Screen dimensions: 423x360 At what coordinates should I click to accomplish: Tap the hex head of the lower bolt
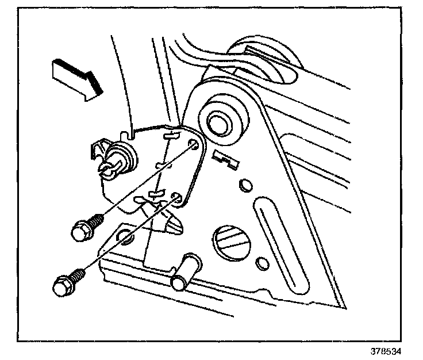[61, 284]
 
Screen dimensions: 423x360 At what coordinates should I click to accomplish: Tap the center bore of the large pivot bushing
[218, 122]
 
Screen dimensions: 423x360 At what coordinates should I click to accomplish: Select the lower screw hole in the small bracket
[177, 200]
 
